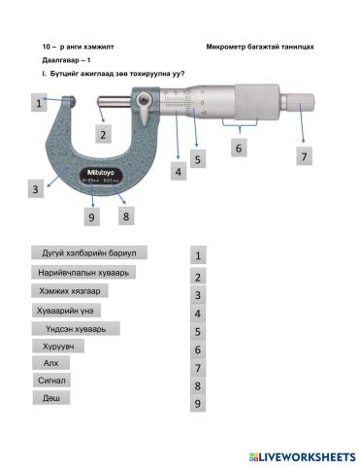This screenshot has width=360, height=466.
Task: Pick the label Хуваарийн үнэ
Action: click(71, 311)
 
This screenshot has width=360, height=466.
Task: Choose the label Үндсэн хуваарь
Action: click(74, 328)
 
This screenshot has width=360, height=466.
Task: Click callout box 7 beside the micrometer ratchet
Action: click(304, 156)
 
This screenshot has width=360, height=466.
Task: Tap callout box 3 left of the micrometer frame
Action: click(34, 189)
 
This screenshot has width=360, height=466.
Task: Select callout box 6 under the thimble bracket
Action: click(238, 148)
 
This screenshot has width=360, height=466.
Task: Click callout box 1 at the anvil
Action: click(39, 102)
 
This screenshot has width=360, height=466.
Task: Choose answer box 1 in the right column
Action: click(197, 256)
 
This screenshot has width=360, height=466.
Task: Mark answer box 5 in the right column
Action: click(197, 331)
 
